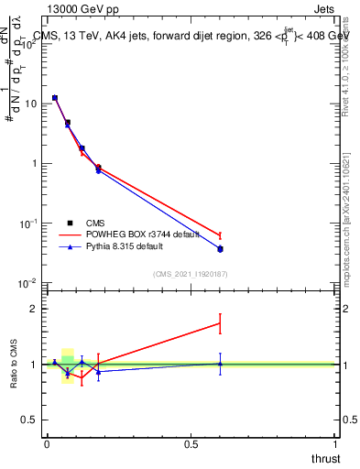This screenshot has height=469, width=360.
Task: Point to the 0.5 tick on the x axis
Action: (x=191, y=444)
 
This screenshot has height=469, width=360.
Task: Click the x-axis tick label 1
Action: (x=335, y=444)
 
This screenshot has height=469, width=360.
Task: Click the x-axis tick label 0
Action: (x=47, y=444)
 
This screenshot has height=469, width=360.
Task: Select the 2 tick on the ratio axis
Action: (x=35, y=309)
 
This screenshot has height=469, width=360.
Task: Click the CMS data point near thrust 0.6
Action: (x=220, y=248)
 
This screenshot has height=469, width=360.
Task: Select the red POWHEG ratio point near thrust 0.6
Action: (x=220, y=322)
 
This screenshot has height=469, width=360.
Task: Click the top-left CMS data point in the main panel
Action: (x=55, y=97)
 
